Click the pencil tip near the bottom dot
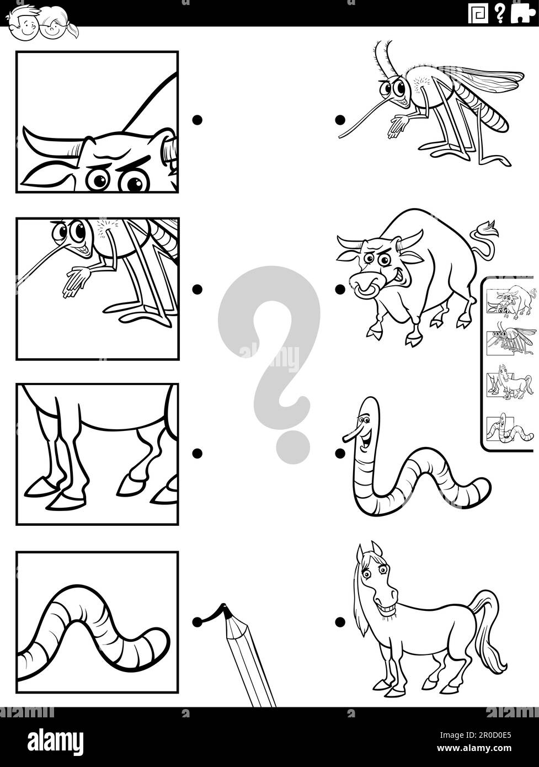[225, 611]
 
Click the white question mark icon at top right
[499, 13]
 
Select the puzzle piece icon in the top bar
[522, 13]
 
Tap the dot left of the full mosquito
[340, 119]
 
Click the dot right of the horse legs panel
[197, 453]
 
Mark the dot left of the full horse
[340, 622]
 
